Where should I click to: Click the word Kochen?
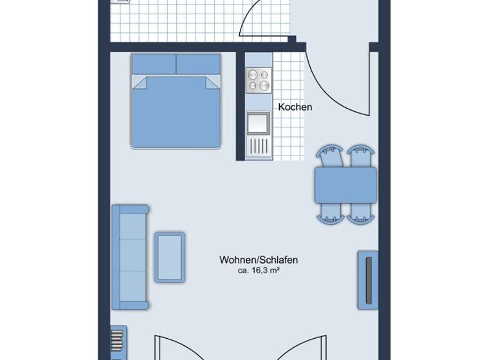coord(295,107)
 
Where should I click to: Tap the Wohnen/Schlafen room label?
coord(259,260)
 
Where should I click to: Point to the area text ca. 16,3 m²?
coord(259,271)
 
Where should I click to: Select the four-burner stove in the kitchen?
coord(259,80)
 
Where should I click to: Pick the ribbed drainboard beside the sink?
coord(259,146)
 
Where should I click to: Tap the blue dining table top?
coord(345,185)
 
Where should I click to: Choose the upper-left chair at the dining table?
coord(331,157)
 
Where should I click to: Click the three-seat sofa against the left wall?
coord(130,256)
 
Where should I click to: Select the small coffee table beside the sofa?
coord(170,257)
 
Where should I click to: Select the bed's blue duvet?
coord(176,113)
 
